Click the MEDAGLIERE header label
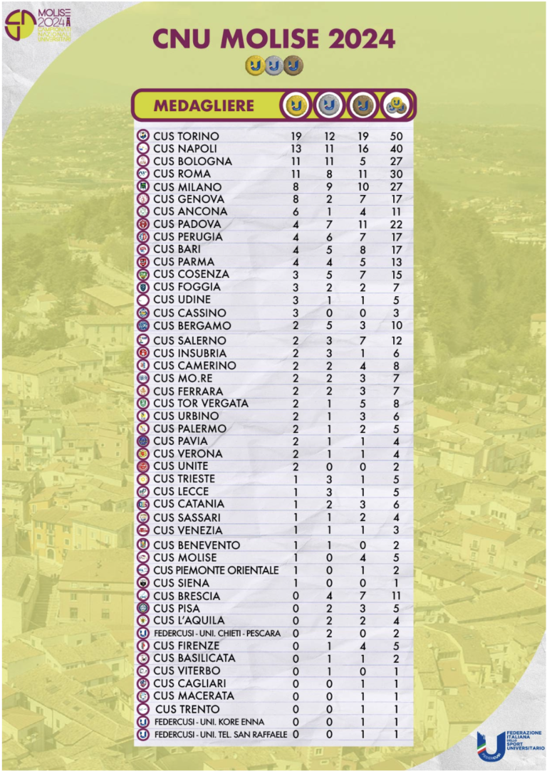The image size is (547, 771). pyautogui.click(x=204, y=106)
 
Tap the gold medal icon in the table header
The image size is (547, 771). pyautogui.click(x=296, y=106)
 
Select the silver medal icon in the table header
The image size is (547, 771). pyautogui.click(x=328, y=106)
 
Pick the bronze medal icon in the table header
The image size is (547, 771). pyautogui.click(x=363, y=106)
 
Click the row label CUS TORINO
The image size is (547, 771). pyautogui.click(x=186, y=136)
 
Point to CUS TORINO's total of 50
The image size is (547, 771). pyautogui.click(x=396, y=136)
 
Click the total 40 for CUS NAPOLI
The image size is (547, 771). pyautogui.click(x=396, y=149)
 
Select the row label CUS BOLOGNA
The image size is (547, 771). pyautogui.click(x=192, y=162)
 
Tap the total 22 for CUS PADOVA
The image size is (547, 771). pyautogui.click(x=396, y=224)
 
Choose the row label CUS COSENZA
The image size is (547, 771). pyautogui.click(x=191, y=274)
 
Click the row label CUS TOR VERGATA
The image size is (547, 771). pyautogui.click(x=201, y=404)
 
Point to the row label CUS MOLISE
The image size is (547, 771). pyautogui.click(x=186, y=557)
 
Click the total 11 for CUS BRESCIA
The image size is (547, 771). pyautogui.click(x=396, y=596)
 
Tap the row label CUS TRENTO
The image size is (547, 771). pyautogui.click(x=187, y=709)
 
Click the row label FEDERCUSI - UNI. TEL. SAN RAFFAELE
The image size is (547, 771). pyautogui.click(x=221, y=734)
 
